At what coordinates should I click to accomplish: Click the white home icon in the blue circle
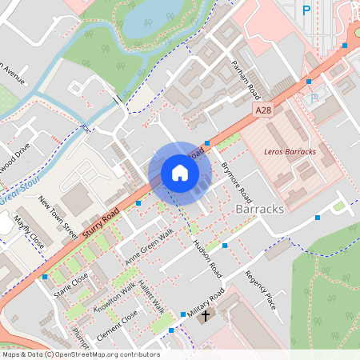point(180,173)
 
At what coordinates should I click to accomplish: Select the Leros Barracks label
point(290,151)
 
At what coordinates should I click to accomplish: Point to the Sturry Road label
point(100,218)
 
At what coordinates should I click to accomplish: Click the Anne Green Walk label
point(149,247)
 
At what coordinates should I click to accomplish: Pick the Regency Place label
point(260,290)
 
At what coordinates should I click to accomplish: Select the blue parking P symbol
point(306,10)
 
